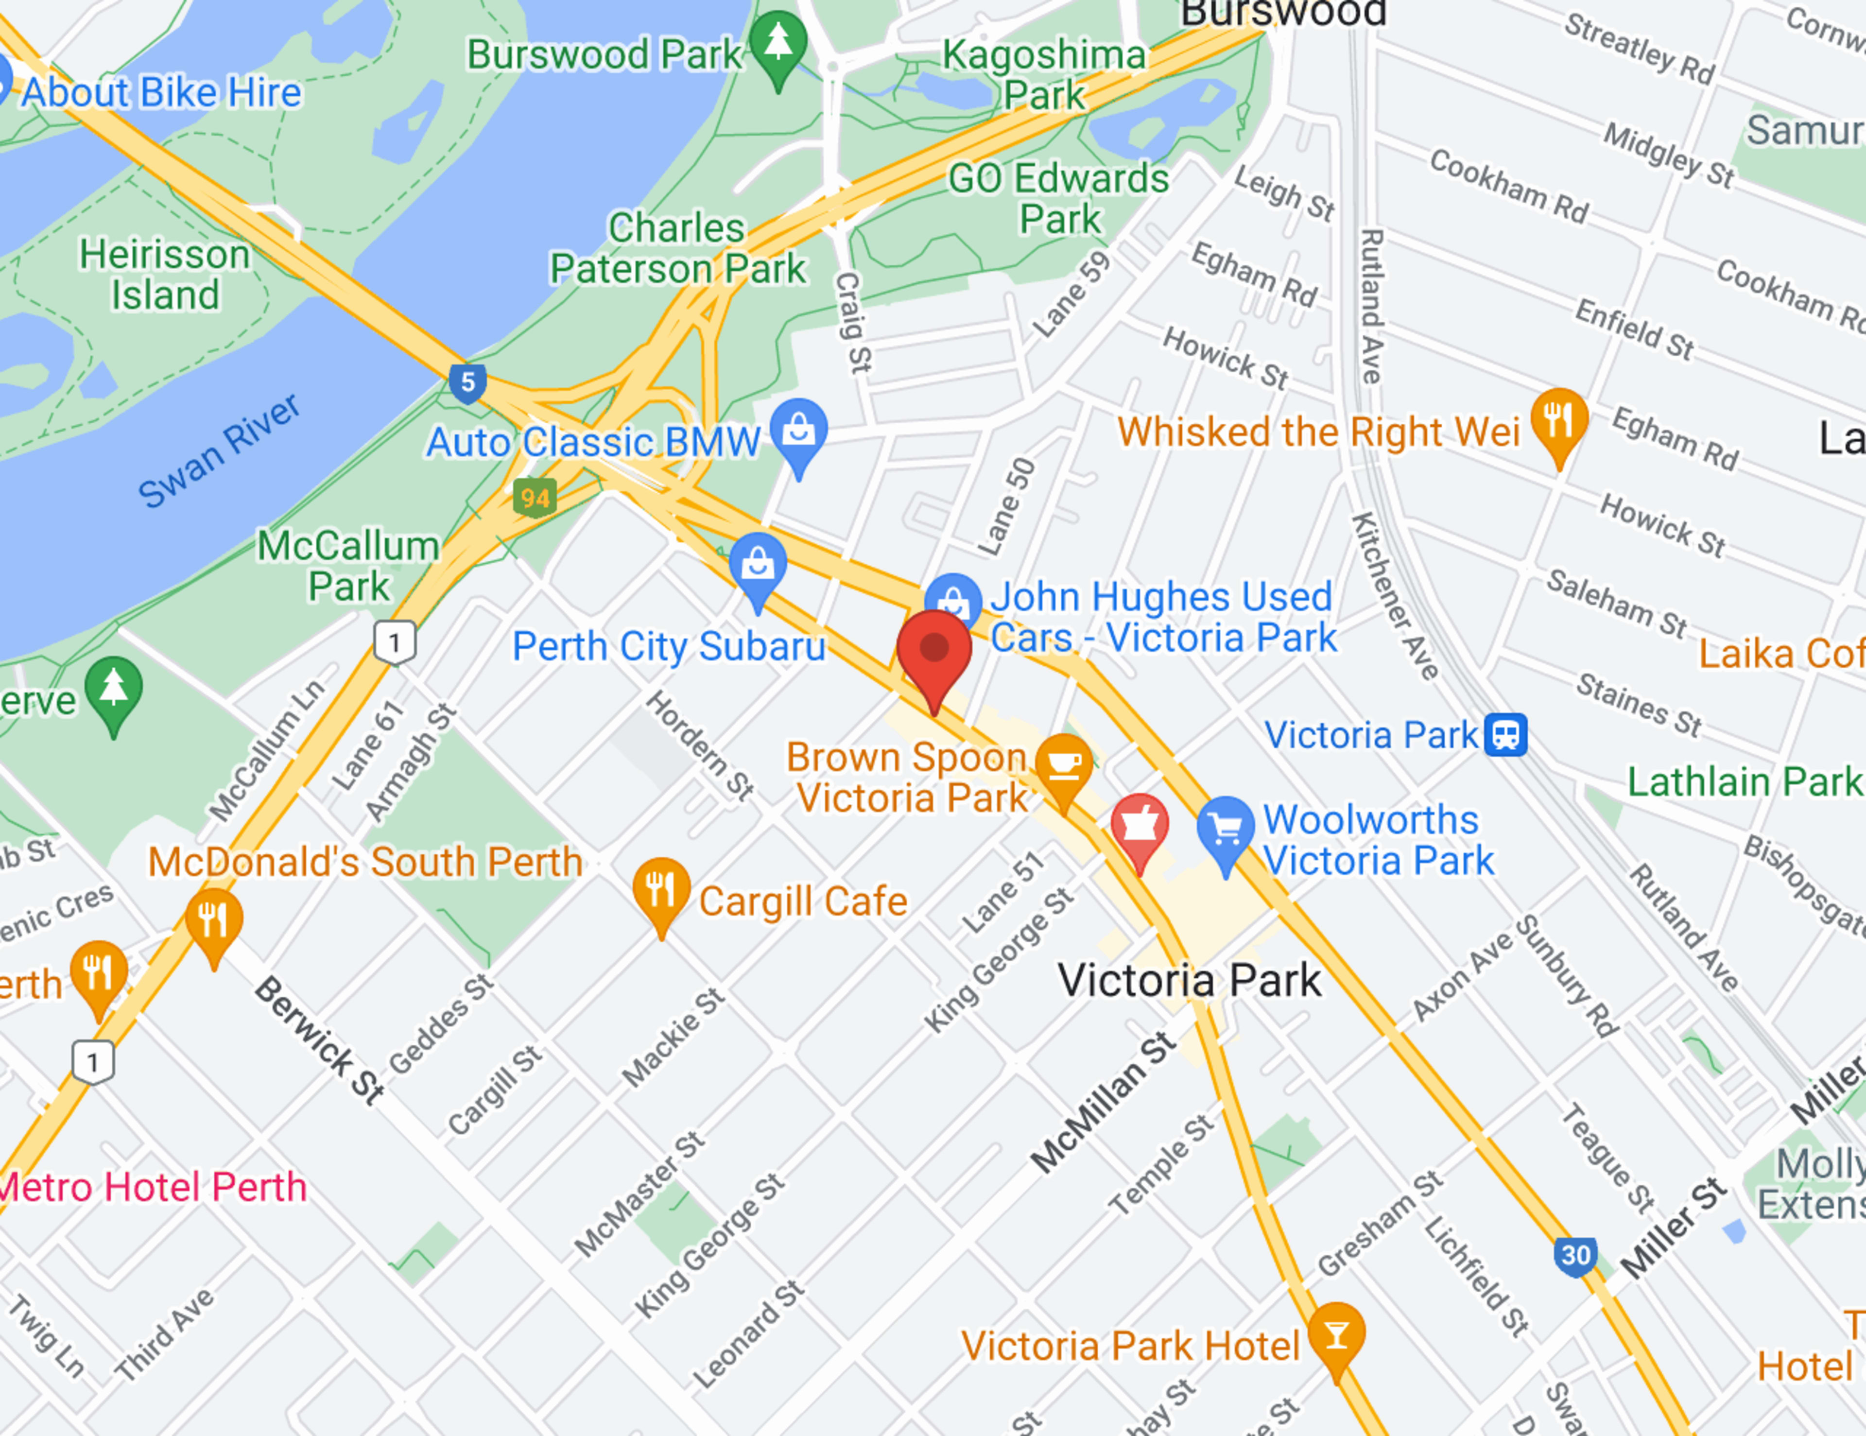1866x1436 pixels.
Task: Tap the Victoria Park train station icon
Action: click(x=1505, y=735)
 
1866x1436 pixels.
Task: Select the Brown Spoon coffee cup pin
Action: click(x=1064, y=764)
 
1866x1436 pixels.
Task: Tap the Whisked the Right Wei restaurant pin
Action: click(x=1558, y=418)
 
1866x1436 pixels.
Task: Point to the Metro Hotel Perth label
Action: click(x=152, y=1187)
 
